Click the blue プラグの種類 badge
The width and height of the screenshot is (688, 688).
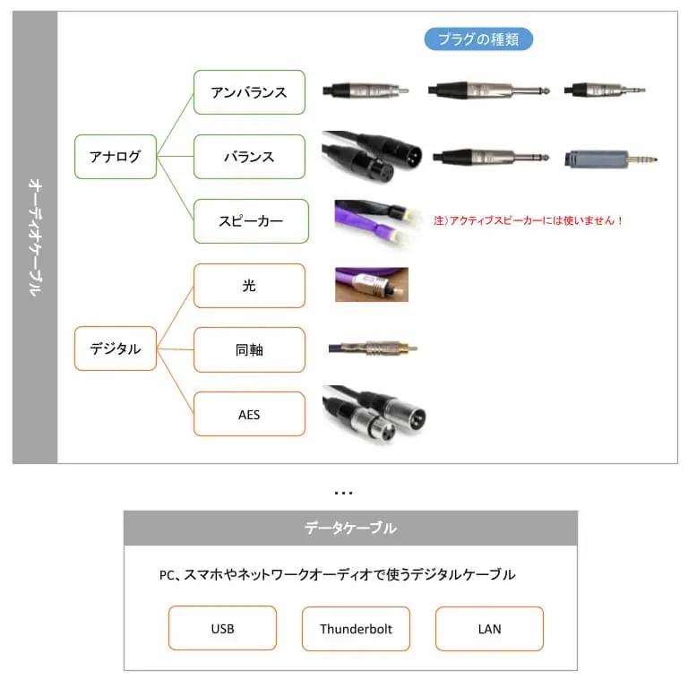click(478, 39)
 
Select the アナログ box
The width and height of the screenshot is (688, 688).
click(116, 157)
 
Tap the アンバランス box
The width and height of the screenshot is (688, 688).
click(249, 92)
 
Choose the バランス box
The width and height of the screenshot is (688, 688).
click(249, 157)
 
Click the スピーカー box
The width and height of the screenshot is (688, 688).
click(251, 221)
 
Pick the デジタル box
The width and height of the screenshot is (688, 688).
click(116, 348)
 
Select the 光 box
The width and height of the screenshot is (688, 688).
click(249, 286)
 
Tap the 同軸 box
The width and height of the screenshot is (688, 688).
click(249, 349)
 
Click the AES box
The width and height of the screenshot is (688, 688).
click(249, 414)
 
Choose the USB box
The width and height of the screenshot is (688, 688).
click(222, 628)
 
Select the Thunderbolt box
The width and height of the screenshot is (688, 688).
click(356, 628)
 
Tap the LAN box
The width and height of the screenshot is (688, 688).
click(489, 628)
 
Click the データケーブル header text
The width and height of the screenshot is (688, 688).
click(350, 528)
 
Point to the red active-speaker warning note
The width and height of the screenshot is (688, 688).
click(528, 220)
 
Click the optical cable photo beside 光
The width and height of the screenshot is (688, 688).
click(372, 284)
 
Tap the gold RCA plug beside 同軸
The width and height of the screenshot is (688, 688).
click(373, 348)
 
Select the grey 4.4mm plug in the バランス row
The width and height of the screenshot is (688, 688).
click(611, 159)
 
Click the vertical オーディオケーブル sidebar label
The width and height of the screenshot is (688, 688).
click(35, 237)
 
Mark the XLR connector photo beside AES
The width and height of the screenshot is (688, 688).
click(374, 414)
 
